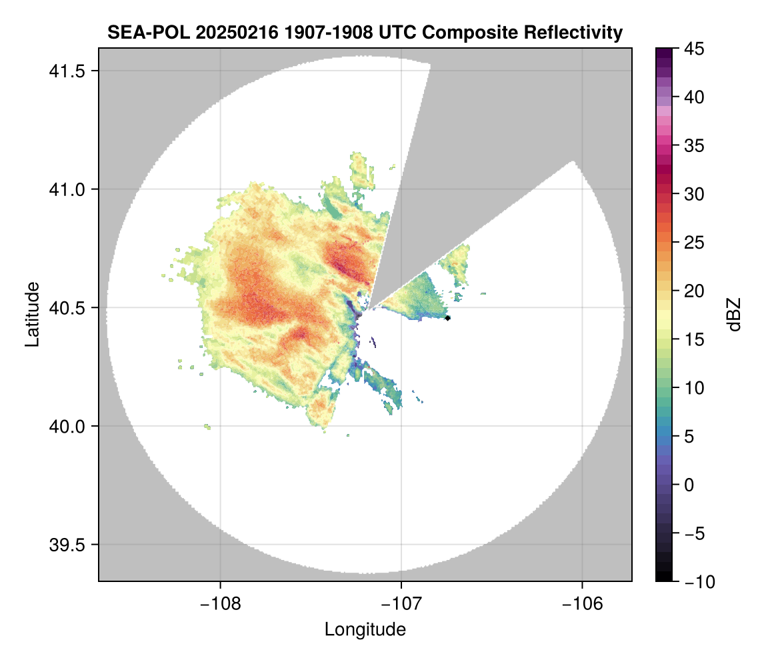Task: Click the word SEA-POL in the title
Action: [138, 32]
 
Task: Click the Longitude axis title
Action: [365, 629]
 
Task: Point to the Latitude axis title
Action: [32, 314]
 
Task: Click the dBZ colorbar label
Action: [735, 315]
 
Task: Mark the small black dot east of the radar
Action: [447, 318]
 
